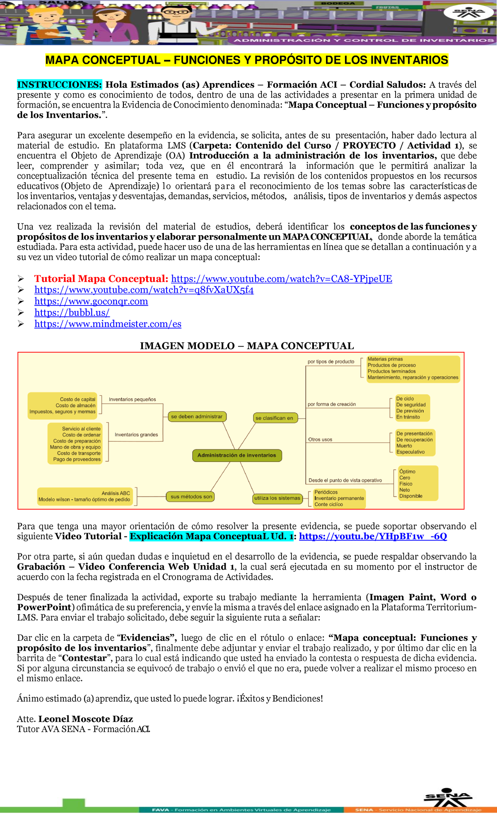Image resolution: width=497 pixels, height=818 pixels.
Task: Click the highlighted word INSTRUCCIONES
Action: [59, 85]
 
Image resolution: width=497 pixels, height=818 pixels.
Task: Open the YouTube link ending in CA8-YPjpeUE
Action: [281, 279]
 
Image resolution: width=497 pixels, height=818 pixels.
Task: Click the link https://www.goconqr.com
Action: [91, 301]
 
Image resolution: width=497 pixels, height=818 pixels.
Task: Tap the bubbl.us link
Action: [72, 313]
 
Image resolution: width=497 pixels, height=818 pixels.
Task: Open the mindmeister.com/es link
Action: [108, 324]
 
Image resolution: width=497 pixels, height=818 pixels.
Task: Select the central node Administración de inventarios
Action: [236, 455]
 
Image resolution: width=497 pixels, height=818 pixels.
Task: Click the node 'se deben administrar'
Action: [197, 416]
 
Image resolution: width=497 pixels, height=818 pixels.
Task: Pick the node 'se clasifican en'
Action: [274, 418]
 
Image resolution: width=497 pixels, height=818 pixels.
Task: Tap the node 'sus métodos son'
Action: [191, 496]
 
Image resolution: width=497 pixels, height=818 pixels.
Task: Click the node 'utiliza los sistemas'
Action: [277, 498]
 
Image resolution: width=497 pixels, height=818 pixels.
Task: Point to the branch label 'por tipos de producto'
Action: [331, 361]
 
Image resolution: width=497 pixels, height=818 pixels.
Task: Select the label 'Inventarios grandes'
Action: [136, 435]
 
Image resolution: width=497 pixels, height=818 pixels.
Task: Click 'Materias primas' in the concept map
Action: [385, 359]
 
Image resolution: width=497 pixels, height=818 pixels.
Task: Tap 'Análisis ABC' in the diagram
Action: [116, 493]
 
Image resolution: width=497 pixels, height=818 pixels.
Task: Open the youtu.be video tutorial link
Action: [373, 537]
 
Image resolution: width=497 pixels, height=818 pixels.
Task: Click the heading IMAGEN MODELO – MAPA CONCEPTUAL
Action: [247, 346]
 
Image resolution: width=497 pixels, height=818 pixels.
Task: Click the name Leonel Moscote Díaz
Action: [86, 719]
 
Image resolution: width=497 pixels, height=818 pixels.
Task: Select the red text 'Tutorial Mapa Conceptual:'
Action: [101, 279]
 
